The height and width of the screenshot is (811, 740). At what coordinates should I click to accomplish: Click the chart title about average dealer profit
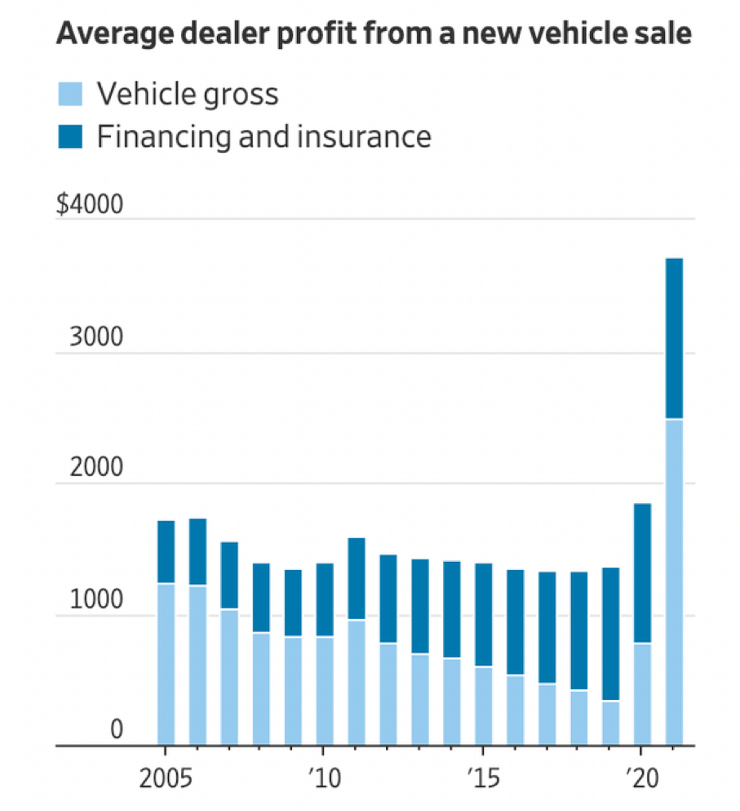point(373,34)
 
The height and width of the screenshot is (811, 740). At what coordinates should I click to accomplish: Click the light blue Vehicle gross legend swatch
point(69,94)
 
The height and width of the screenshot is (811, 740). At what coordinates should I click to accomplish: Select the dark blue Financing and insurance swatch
point(69,136)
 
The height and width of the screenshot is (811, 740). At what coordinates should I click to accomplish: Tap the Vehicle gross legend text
point(188,94)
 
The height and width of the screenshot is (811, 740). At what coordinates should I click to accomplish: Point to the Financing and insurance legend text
point(264,136)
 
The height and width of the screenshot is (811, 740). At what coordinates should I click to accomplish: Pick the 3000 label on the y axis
point(95,338)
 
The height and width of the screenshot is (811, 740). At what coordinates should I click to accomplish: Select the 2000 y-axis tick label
point(95,469)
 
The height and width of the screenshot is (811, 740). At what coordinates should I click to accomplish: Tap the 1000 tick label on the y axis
point(95,600)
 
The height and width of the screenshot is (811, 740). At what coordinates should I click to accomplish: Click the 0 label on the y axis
point(116,730)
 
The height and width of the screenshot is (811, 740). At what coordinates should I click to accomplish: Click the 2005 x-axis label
point(166,775)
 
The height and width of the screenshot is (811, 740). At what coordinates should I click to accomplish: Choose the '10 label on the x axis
point(324,775)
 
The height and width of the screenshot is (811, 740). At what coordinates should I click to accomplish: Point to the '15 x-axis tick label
point(483,775)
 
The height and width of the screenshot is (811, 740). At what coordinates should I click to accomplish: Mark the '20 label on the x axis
point(642,775)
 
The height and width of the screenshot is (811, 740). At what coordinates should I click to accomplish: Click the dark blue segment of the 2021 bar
point(674,339)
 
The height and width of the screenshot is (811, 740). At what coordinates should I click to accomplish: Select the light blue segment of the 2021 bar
point(674,582)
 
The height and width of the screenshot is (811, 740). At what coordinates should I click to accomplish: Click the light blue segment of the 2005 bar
point(166,664)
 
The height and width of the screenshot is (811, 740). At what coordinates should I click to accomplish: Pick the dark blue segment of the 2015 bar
point(483,615)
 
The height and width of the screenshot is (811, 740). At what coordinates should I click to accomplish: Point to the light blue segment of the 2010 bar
point(324,691)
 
